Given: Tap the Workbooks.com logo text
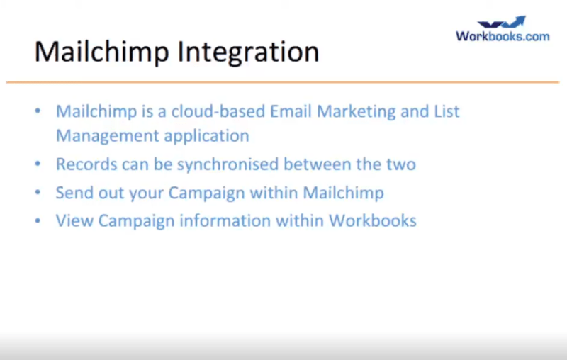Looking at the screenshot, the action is (503, 36).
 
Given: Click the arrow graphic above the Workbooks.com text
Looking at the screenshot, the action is (502, 22).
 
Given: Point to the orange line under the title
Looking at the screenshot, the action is (283, 82).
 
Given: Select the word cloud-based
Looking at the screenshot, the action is (218, 111).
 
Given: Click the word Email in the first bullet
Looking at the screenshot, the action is (291, 111).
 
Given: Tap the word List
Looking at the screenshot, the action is (447, 111).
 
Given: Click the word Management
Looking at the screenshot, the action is (108, 137).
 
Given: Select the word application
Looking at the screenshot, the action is (206, 137).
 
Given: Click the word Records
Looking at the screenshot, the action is (86, 164).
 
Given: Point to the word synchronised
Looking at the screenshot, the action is (228, 165).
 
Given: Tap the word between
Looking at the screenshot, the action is (317, 164).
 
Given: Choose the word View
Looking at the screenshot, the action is (74, 220).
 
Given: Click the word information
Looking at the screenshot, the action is (225, 220).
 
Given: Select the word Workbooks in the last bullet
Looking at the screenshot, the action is (373, 220).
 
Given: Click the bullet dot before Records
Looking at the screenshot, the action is (38, 164).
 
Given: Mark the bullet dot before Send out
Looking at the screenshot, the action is (38, 192).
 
